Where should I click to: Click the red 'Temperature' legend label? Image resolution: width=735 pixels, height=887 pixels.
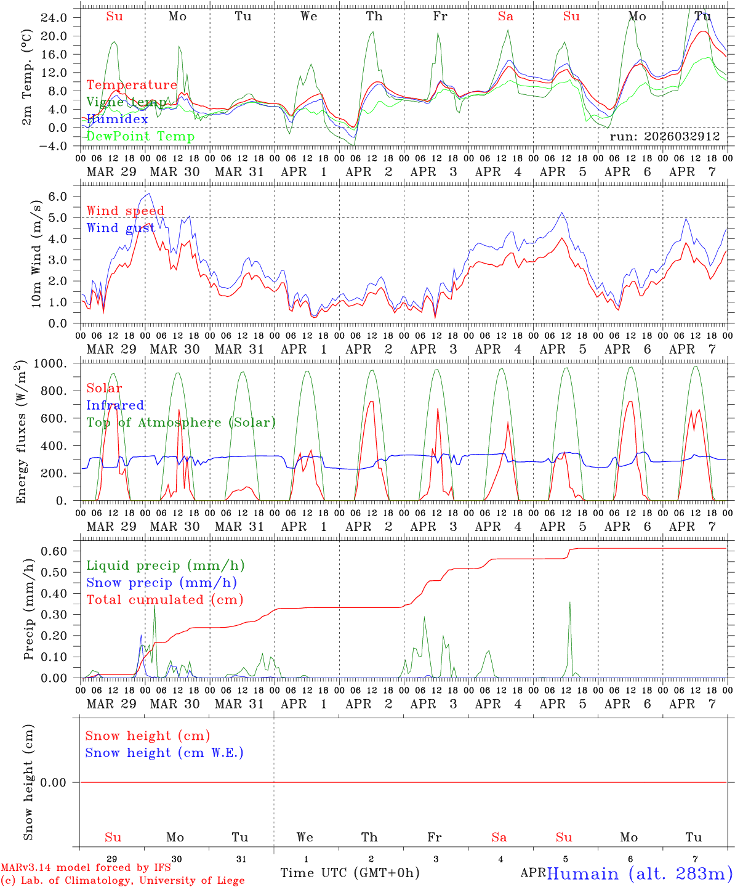131,85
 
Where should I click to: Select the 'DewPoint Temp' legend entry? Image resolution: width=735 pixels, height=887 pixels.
140,136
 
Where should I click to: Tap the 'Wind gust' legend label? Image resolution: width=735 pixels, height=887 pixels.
121,228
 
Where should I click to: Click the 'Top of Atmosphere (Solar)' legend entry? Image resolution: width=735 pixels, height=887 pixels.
181,423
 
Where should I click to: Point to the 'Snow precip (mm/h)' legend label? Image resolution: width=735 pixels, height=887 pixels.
161,583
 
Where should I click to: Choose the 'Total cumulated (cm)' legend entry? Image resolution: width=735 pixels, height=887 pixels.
164,599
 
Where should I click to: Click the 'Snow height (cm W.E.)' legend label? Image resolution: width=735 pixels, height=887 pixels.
164,753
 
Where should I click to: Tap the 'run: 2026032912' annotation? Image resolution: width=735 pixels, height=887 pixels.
664,137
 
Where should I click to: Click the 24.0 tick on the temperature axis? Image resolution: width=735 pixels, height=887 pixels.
55,17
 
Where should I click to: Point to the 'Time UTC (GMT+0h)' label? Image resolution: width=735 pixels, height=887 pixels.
350,873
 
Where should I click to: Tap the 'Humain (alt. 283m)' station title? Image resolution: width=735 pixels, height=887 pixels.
640,873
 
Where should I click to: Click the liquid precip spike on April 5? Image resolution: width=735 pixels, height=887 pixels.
570,604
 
